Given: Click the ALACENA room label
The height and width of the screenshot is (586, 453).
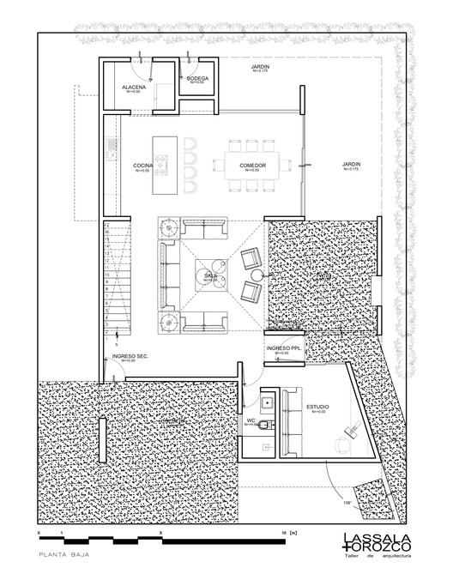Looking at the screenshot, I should pyautogui.click(x=134, y=87).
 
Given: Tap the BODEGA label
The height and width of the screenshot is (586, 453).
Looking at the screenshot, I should pyautogui.click(x=198, y=79).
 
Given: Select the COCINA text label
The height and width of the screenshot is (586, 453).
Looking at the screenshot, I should pyautogui.click(x=142, y=166).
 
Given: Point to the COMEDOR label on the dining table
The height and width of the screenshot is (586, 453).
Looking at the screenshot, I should pyautogui.click(x=252, y=165).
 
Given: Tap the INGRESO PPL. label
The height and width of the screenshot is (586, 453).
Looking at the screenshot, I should pyautogui.click(x=283, y=348).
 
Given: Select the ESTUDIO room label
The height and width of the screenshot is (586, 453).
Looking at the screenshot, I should pyautogui.click(x=317, y=407).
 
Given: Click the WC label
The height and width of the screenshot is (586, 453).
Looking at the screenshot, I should pyautogui.click(x=251, y=421).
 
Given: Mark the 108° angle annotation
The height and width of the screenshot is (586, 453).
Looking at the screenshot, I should pyautogui.click(x=347, y=502).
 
